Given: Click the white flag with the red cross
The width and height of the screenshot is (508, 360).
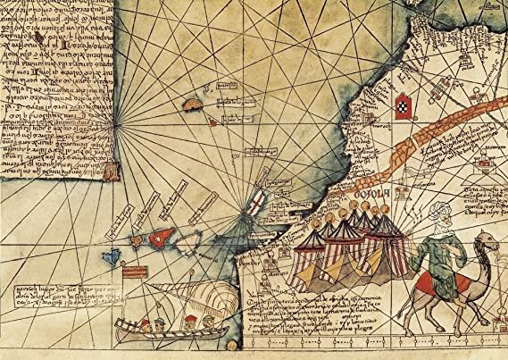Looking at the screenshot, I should [255, 202].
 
